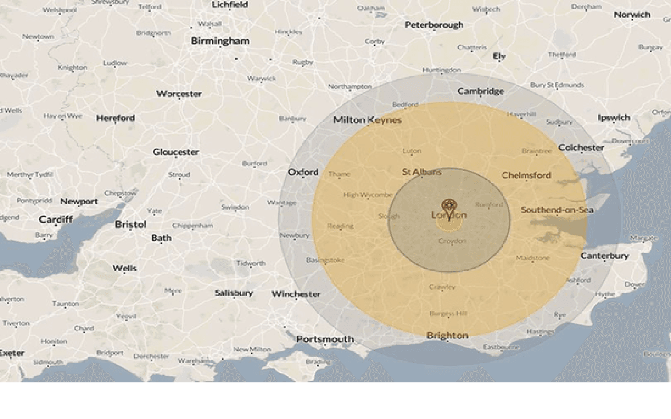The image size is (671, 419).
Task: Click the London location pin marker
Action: (x=448, y=205)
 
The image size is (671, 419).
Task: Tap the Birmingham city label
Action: (x=220, y=41)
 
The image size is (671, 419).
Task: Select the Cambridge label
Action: (x=481, y=91)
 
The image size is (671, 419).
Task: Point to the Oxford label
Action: (x=303, y=172)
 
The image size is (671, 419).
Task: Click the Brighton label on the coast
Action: (x=447, y=336)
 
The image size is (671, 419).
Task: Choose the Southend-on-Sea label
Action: (x=557, y=210)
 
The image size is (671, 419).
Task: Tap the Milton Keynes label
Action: (x=367, y=120)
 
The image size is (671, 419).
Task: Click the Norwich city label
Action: (x=631, y=15)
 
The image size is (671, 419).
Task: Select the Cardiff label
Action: (x=56, y=219)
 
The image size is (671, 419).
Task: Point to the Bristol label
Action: (x=130, y=225)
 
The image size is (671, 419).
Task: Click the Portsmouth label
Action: (x=325, y=339)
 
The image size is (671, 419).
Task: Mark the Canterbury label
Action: (x=604, y=256)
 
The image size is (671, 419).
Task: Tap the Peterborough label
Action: (x=434, y=25)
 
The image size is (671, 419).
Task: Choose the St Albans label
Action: (x=422, y=172)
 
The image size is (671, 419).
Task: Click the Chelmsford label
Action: (x=526, y=176)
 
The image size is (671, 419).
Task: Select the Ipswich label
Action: (x=614, y=118)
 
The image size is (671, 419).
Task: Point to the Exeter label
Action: (x=12, y=353)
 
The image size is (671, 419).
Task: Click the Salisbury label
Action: (x=234, y=293)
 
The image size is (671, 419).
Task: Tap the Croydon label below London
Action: (x=451, y=241)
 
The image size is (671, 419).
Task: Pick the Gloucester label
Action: (x=176, y=152)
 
